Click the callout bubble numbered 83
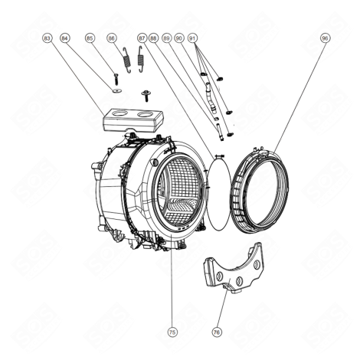pos(47,38)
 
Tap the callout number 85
pos(90,38)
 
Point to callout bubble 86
pos(112,38)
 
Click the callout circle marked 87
pos(142,38)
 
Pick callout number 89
pos(167,38)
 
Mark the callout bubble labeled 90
pos(179,38)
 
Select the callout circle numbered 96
pos(325,38)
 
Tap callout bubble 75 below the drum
pos(172,332)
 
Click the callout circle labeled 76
pos(217,332)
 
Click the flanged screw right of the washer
pos(143,95)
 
